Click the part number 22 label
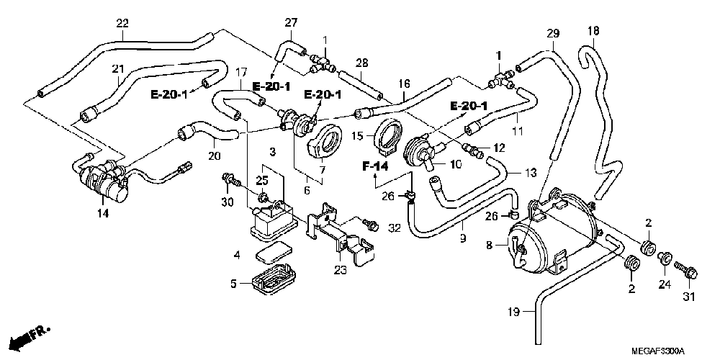[122, 23]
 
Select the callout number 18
[593, 31]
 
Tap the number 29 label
[553, 33]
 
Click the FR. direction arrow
[30, 337]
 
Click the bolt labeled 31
[685, 270]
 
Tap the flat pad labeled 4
[273, 253]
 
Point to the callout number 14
[103, 213]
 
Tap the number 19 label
[514, 312]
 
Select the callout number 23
[341, 269]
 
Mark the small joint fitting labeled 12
[471, 150]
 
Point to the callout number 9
[463, 238]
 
